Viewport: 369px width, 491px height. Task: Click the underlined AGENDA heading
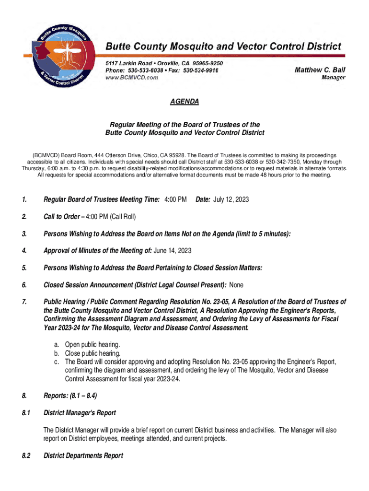tap(184, 102)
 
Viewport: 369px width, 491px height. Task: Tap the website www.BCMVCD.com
tap(132, 77)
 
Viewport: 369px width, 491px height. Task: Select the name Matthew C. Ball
tap(320, 70)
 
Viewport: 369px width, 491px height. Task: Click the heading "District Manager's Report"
tap(80, 412)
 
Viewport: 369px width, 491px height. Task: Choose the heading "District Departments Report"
tap(83, 456)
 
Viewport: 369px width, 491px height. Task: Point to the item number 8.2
tap(26, 456)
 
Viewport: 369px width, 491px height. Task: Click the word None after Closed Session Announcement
tap(236, 285)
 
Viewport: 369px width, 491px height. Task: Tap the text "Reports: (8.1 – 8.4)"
tap(70, 396)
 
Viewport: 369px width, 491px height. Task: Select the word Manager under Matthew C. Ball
tap(333, 78)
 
